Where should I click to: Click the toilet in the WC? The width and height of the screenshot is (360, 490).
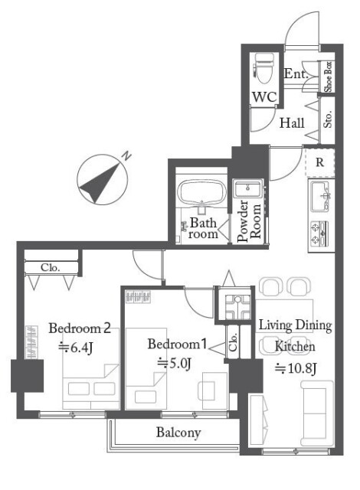pyautogui.click(x=263, y=69)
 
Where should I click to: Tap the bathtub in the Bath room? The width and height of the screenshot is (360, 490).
pyautogui.click(x=201, y=193)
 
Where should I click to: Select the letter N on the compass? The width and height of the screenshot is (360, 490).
pyautogui.click(x=126, y=155)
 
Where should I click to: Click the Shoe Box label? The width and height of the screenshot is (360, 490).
pyautogui.click(x=328, y=77)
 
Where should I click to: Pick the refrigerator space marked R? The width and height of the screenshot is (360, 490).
pyautogui.click(x=319, y=162)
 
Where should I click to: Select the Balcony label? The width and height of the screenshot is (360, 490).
pyautogui.click(x=178, y=433)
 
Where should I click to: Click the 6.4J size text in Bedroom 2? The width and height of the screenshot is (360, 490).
pyautogui.click(x=75, y=347)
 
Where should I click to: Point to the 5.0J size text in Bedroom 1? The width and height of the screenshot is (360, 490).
pyautogui.click(x=174, y=364)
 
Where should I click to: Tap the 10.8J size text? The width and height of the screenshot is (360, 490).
pyautogui.click(x=296, y=369)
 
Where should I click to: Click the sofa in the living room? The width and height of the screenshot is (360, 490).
pyautogui.click(x=316, y=413)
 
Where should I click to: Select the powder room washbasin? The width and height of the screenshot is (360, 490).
pyautogui.click(x=248, y=189)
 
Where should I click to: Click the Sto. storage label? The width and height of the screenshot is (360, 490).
pyautogui.click(x=327, y=119)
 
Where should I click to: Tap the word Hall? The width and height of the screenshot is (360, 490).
pyautogui.click(x=292, y=122)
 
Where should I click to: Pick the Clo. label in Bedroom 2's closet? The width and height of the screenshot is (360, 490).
pyautogui.click(x=50, y=267)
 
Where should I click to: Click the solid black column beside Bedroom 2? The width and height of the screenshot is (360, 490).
pyautogui.click(x=27, y=376)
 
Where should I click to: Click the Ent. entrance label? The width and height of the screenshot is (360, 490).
pyautogui.click(x=296, y=73)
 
